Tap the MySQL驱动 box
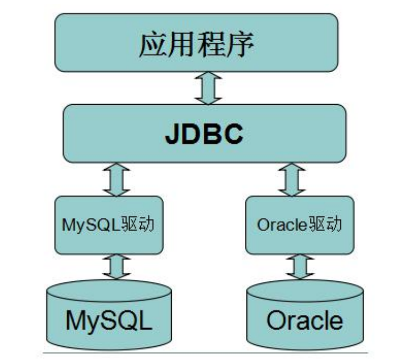(x=109, y=225)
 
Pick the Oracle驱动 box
(x=300, y=225)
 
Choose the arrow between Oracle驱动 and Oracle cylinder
(x=297, y=267)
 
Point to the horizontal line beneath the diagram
(x=206, y=353)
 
